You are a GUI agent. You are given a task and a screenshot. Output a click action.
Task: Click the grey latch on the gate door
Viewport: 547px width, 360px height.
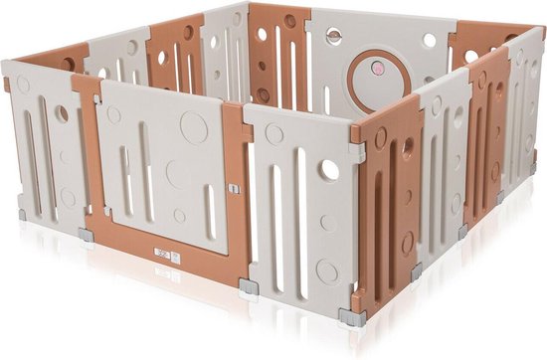(233, 187)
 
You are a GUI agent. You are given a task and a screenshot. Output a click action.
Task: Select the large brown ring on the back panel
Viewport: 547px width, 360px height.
(376, 75)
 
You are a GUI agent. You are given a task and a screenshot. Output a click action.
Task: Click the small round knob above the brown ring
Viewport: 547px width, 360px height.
(334, 40)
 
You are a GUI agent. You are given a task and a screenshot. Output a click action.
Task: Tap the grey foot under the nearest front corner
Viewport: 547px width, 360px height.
(351, 317)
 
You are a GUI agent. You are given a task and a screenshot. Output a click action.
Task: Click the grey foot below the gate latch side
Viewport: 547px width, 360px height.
(249, 290)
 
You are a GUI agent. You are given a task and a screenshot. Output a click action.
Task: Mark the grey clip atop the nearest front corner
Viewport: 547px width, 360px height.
(355, 152)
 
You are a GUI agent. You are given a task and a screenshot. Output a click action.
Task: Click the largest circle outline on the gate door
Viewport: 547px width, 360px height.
(195, 126)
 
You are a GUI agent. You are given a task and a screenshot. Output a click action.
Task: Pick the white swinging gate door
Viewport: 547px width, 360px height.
(164, 164)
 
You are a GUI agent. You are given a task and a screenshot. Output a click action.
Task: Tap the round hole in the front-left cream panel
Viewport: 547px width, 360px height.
(61, 114)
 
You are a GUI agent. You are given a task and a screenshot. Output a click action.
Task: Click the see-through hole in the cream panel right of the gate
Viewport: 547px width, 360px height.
(328, 170)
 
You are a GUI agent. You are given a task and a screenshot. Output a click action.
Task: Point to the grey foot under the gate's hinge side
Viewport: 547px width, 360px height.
(87, 235)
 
